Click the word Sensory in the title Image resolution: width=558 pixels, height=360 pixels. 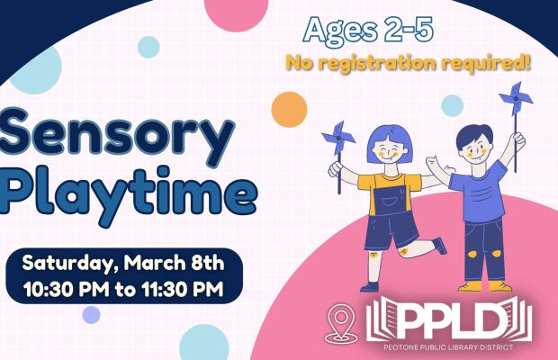click(116, 138)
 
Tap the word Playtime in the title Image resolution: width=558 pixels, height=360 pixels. click(128, 193)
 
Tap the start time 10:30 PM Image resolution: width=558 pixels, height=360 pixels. click(67, 289)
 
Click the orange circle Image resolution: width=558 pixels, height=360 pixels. click(289, 110)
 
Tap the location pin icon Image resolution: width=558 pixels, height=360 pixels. click(341, 323)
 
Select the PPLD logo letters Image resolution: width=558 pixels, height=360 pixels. click(449, 319)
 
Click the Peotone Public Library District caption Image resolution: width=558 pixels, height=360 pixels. click(448, 347)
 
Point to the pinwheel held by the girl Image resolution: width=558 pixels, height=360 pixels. click(338, 138)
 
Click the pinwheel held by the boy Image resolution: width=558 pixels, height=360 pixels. click(516, 98)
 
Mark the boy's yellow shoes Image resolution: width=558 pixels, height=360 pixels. click(485, 286)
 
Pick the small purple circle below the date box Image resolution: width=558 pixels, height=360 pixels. click(91, 315)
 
